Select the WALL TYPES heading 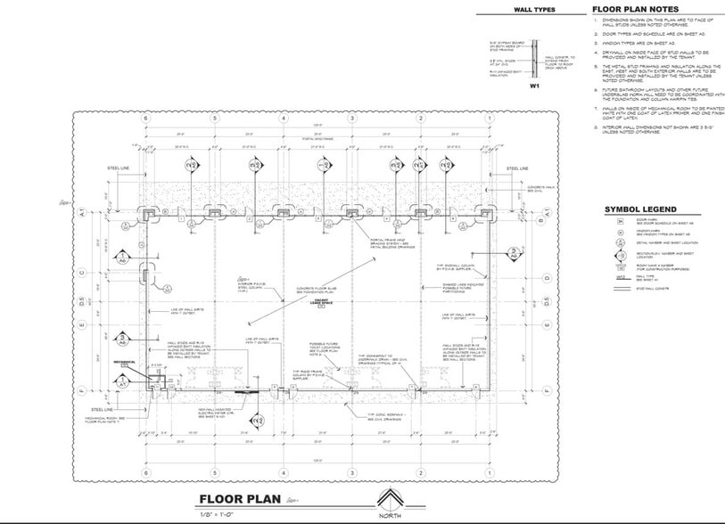click(535, 10)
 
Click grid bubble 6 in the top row click(146, 119)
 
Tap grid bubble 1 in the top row click(488, 119)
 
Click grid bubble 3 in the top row click(352, 119)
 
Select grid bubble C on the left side click(81, 274)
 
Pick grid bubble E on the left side click(81, 324)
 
